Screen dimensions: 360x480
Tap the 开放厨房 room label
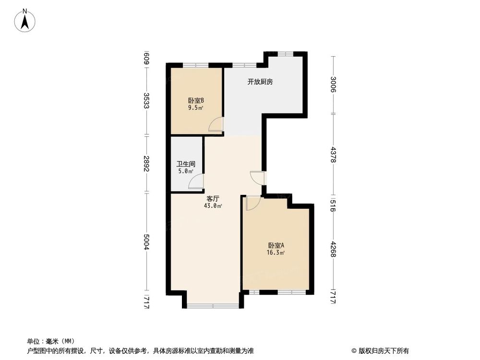click(x=260, y=82)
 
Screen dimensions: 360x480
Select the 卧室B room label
click(x=196, y=101)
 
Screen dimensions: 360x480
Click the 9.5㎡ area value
click(x=196, y=108)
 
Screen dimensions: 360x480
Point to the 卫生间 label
click(x=185, y=164)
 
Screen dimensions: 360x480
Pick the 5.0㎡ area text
click(x=185, y=171)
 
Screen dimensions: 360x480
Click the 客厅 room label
click(x=213, y=199)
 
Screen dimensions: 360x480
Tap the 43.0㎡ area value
click(x=213, y=206)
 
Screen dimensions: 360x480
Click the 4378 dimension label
click(x=333, y=155)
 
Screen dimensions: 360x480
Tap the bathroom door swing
click(x=196, y=181)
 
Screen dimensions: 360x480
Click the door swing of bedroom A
click(x=252, y=203)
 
